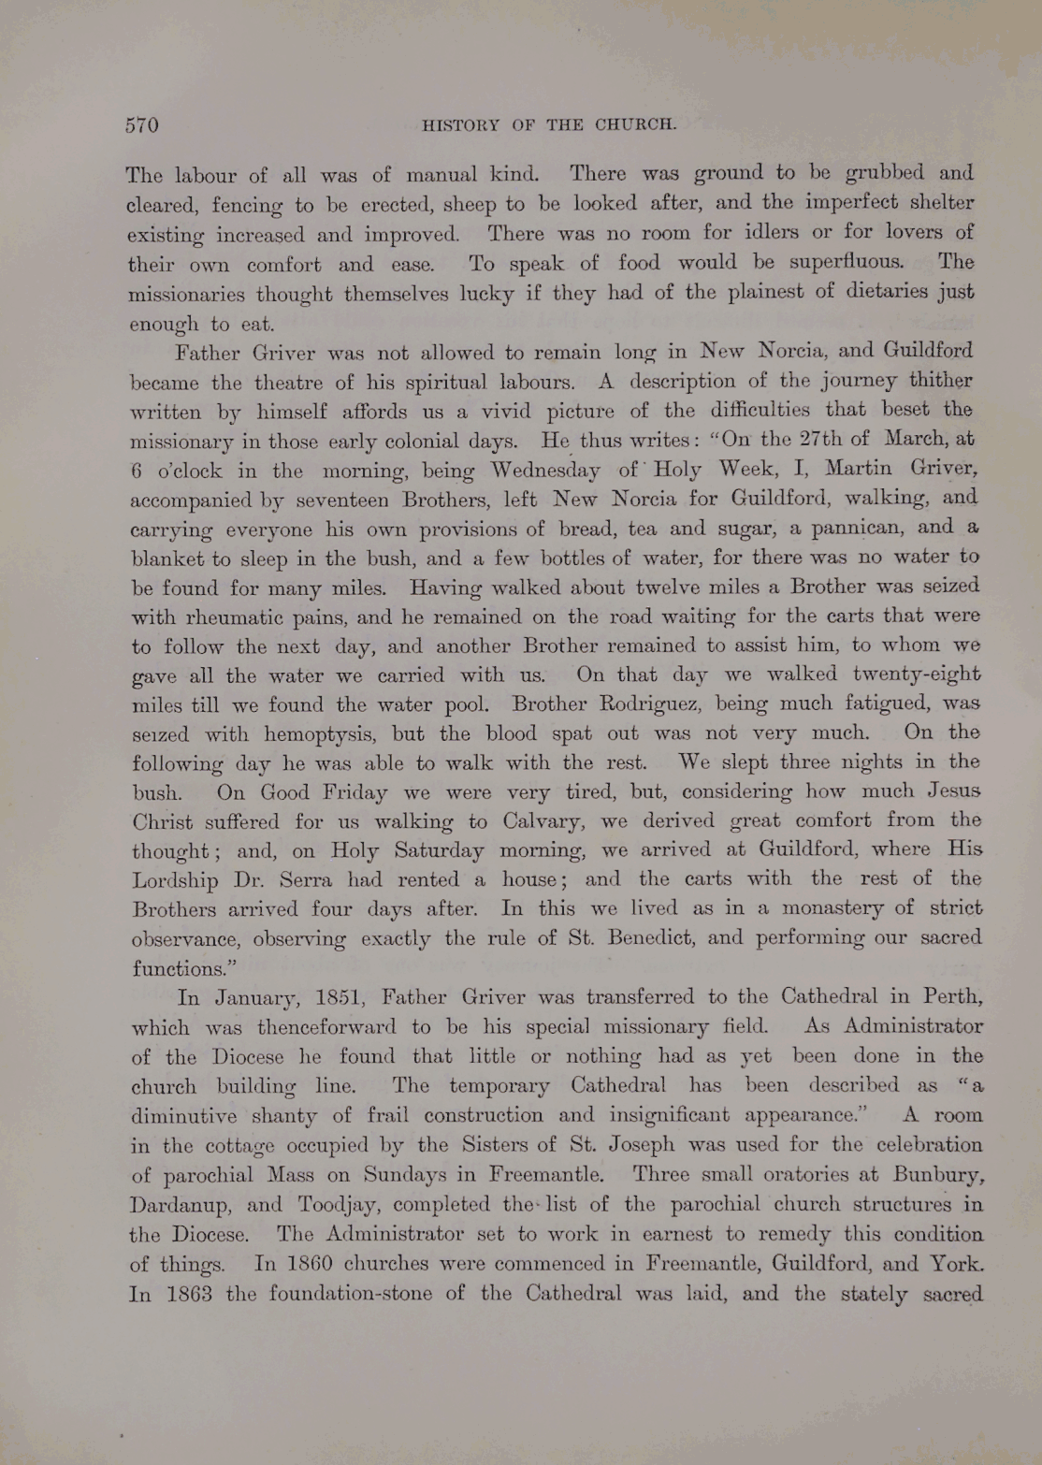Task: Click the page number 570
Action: (142, 125)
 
